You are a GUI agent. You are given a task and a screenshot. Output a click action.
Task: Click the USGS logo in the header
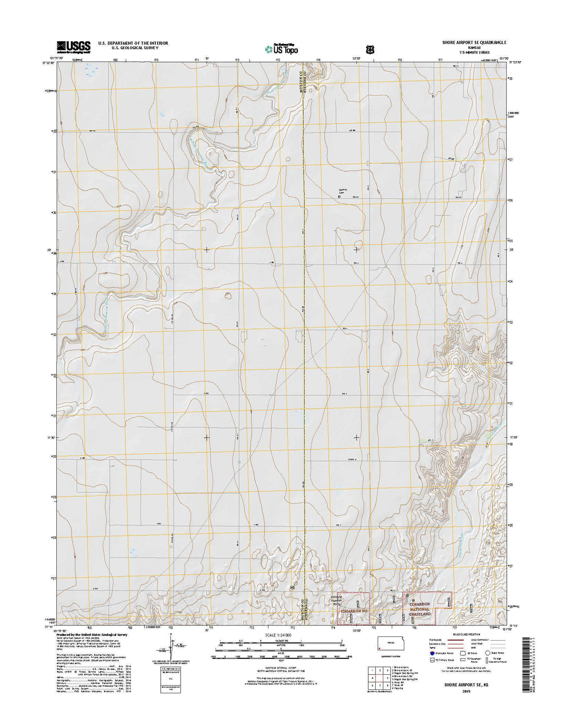tap(74, 47)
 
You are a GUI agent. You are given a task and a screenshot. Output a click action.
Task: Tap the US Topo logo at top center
tap(281, 49)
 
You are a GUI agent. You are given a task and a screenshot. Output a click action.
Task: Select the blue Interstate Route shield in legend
tap(432, 653)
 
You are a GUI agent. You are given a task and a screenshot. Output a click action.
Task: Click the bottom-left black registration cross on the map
tap(207, 437)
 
